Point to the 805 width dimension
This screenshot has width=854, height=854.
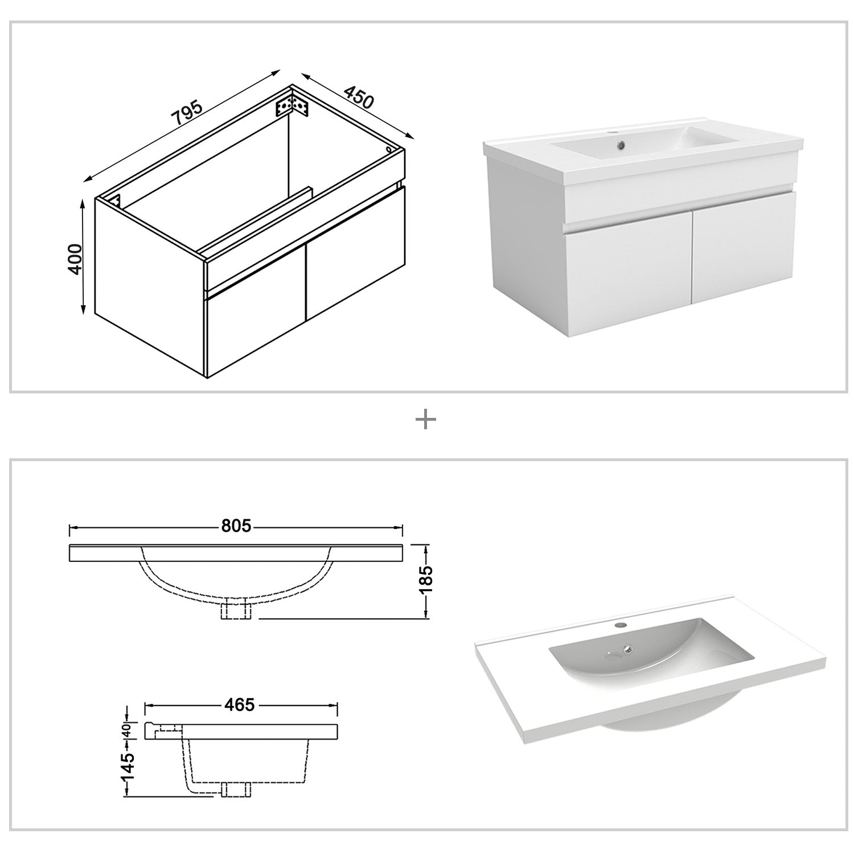[236, 526]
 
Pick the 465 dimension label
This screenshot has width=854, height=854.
[239, 705]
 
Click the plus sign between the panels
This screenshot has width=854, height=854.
[426, 420]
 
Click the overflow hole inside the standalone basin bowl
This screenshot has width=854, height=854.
[629, 647]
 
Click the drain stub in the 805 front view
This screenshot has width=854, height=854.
[235, 609]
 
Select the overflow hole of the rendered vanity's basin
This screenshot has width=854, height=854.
[621, 144]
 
